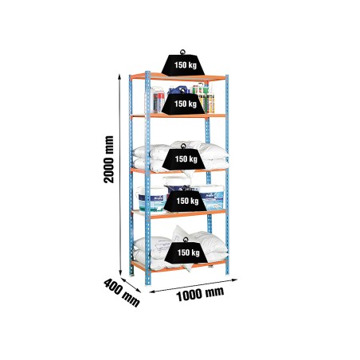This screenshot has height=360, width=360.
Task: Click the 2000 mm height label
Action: pyautogui.click(x=109, y=159)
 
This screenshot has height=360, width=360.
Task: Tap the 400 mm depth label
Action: pyautogui.click(x=122, y=292)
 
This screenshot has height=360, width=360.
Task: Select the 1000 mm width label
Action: pyautogui.click(x=200, y=294)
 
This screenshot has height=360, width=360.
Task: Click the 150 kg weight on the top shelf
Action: pyautogui.click(x=183, y=65)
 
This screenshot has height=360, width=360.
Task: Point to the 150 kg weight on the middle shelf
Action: pyautogui.click(x=184, y=158)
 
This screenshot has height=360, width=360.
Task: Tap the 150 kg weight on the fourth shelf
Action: pyautogui.click(x=185, y=201)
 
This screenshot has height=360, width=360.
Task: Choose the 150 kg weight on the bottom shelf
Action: pyautogui.click(x=186, y=252)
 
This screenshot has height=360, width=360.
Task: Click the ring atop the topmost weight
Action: pyautogui.click(x=182, y=52)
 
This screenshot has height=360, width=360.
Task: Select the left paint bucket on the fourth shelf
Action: pyautogui.click(x=151, y=200)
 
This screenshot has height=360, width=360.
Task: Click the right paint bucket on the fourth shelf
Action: pyautogui.click(x=212, y=197)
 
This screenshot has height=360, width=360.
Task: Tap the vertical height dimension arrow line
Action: pyautogui.click(x=119, y=175)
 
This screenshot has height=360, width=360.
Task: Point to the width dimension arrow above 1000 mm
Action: pyautogui.click(x=194, y=286)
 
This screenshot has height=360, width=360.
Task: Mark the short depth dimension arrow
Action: pyautogui.click(x=131, y=285)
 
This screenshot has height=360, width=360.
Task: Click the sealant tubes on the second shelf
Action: pyautogui.click(x=206, y=98)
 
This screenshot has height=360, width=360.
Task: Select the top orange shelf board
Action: pyautogui.click(x=178, y=77)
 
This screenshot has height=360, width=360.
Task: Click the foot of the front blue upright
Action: pyautogui.click(x=148, y=283)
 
